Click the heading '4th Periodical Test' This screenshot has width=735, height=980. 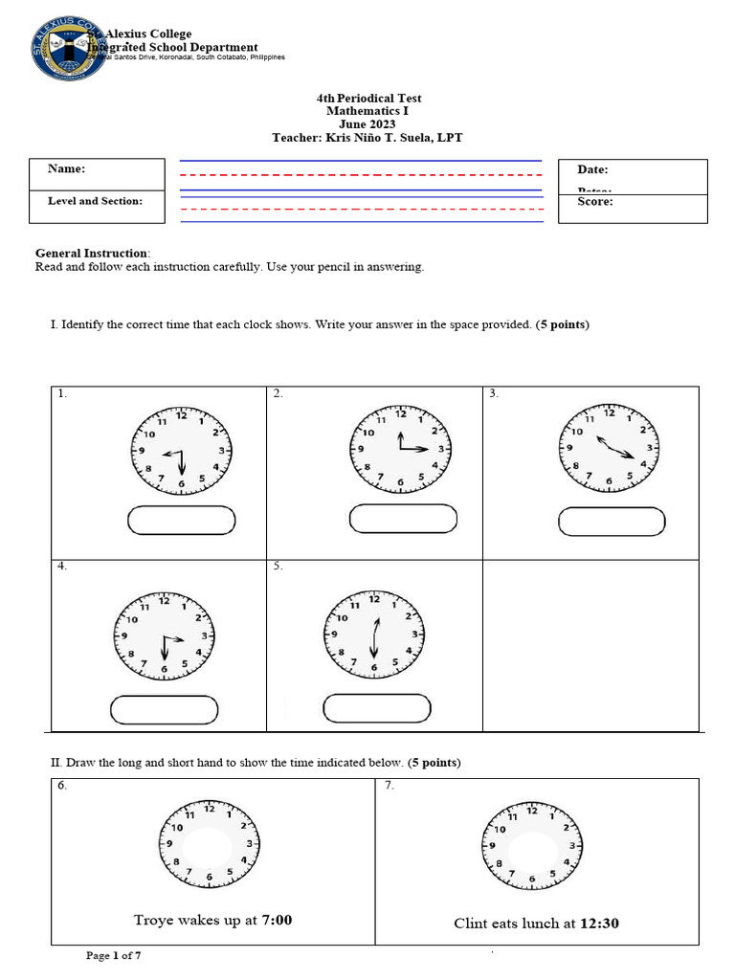click(368, 99)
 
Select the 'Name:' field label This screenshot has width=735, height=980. click(67, 169)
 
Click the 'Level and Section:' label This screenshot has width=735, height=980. click(95, 201)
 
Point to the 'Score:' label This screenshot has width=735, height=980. click(594, 202)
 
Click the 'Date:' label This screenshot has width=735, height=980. click(592, 169)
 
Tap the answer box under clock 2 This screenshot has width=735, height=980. click(402, 519)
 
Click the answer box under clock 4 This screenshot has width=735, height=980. click(164, 709)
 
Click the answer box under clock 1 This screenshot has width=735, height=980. click(181, 520)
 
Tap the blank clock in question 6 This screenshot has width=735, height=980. click(208, 844)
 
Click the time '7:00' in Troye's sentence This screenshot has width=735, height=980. click(277, 921)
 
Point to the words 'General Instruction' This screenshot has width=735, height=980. click(92, 253)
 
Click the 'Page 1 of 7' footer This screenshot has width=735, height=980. click(114, 955)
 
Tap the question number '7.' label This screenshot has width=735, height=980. click(390, 786)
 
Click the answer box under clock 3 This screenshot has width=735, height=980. click(612, 522)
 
